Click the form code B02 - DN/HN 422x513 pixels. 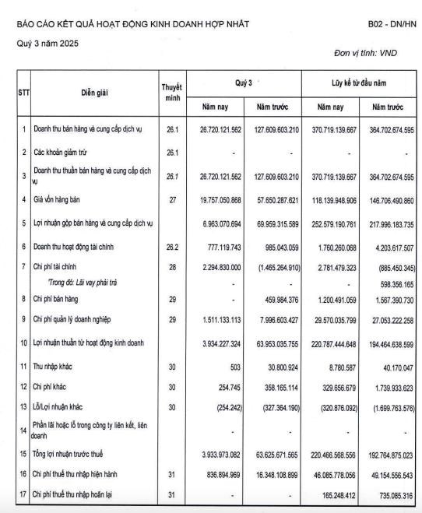392,24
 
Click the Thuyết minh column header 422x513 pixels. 172,92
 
